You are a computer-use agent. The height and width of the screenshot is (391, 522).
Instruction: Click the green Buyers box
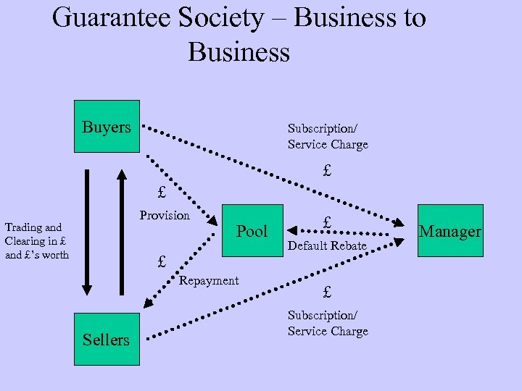click(107, 127)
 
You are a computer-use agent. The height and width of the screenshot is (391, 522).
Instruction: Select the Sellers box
click(106, 339)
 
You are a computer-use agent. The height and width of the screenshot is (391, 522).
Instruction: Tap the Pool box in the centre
click(252, 231)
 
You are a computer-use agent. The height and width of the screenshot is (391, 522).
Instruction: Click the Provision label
click(165, 215)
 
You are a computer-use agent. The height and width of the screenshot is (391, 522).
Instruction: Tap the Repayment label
click(209, 280)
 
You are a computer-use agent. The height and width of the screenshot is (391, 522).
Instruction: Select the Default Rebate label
click(328, 246)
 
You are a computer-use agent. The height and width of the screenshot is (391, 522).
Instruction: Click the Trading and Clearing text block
click(37, 241)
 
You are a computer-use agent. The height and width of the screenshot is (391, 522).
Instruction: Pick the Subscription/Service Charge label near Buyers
click(328, 136)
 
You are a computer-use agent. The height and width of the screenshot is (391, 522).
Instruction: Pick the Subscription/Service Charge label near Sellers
click(328, 323)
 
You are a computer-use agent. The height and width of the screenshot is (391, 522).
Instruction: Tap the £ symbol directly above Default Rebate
click(328, 223)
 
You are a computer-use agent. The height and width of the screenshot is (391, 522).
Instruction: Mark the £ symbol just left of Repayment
click(162, 261)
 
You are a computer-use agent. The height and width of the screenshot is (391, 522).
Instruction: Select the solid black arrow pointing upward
click(121, 232)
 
